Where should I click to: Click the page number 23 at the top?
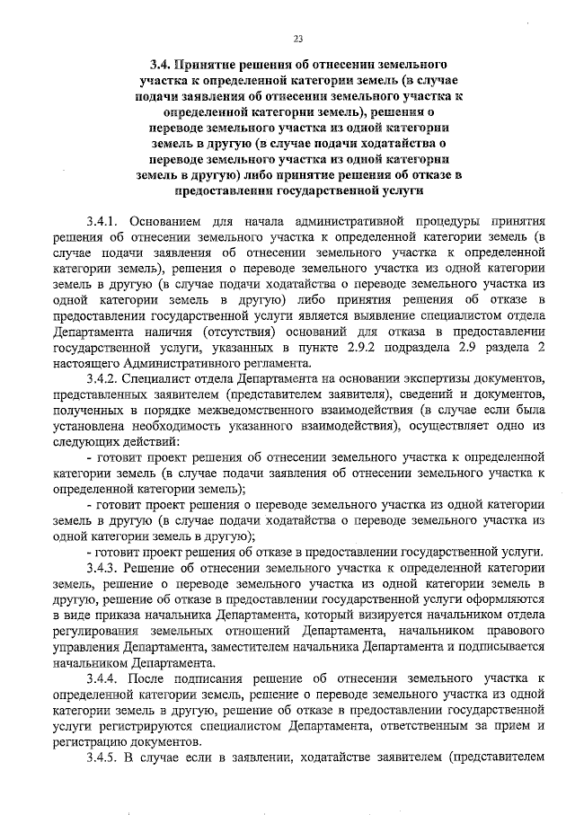tap(297, 38)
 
